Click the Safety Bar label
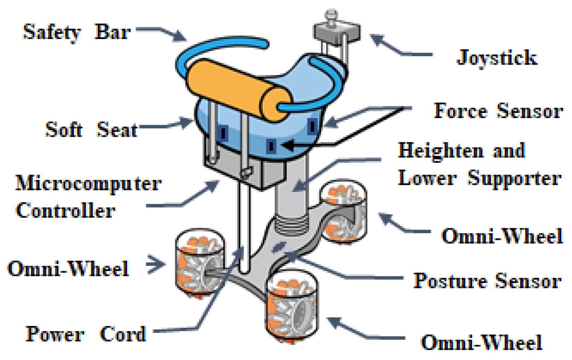[77, 32]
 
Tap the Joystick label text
[497, 58]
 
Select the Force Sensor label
[498, 111]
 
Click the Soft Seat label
[91, 130]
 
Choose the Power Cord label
[86, 334]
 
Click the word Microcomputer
[88, 184]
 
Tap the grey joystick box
[336, 32]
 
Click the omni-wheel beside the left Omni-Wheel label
[199, 264]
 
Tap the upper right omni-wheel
[343, 212]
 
